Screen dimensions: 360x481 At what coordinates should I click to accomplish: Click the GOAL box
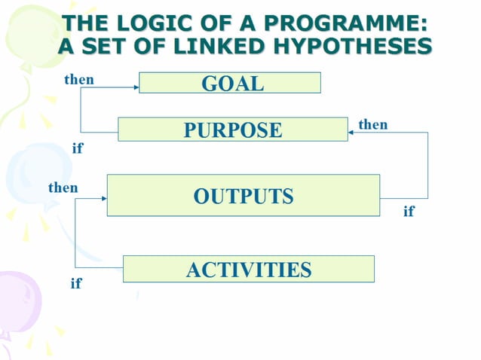230,82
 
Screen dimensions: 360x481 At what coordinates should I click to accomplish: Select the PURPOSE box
233,130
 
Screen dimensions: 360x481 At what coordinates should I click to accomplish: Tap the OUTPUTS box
243,196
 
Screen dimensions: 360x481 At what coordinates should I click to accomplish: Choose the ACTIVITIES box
248,269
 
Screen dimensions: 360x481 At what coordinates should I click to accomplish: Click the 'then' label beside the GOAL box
79,80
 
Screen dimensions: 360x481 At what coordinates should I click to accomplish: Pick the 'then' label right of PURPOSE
372,124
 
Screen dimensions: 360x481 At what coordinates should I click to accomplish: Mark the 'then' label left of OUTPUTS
63,188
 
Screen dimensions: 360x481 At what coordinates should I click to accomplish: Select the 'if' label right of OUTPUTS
409,212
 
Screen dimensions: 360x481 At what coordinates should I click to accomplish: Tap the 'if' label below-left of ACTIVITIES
75,284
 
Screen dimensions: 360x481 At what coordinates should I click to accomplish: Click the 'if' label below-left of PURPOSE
77,148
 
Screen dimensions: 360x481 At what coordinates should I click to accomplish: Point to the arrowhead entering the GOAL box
136,87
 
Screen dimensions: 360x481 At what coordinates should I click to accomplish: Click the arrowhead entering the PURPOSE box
351,133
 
